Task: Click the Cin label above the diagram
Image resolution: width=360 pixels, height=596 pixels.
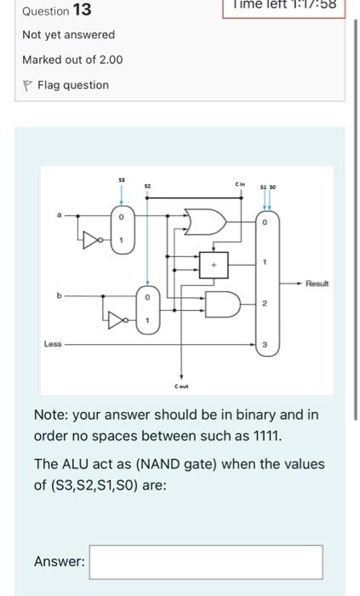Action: coord(242,184)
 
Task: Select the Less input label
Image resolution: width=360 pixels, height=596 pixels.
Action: coord(54,344)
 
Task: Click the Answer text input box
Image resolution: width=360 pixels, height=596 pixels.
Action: coord(206,561)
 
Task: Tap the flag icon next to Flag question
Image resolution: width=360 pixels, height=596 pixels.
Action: coord(28,85)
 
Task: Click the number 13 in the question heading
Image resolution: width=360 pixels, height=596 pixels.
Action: coord(83,10)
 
